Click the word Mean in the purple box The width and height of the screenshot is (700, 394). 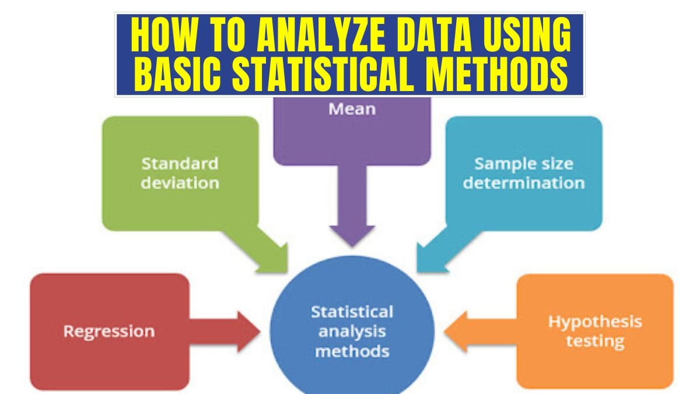pyautogui.click(x=352, y=109)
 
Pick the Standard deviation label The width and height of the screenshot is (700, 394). pyautogui.click(x=180, y=172)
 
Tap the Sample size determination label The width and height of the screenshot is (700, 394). pyautogui.click(x=523, y=173)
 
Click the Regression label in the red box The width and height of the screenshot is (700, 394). pyautogui.click(x=109, y=331)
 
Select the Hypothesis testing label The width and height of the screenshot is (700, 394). pyautogui.click(x=594, y=330)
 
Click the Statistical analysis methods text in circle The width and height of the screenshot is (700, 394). pyautogui.click(x=352, y=331)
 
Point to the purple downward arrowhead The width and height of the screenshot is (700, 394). pyautogui.click(x=352, y=233)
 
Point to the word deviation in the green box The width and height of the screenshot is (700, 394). pyautogui.click(x=180, y=182)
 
